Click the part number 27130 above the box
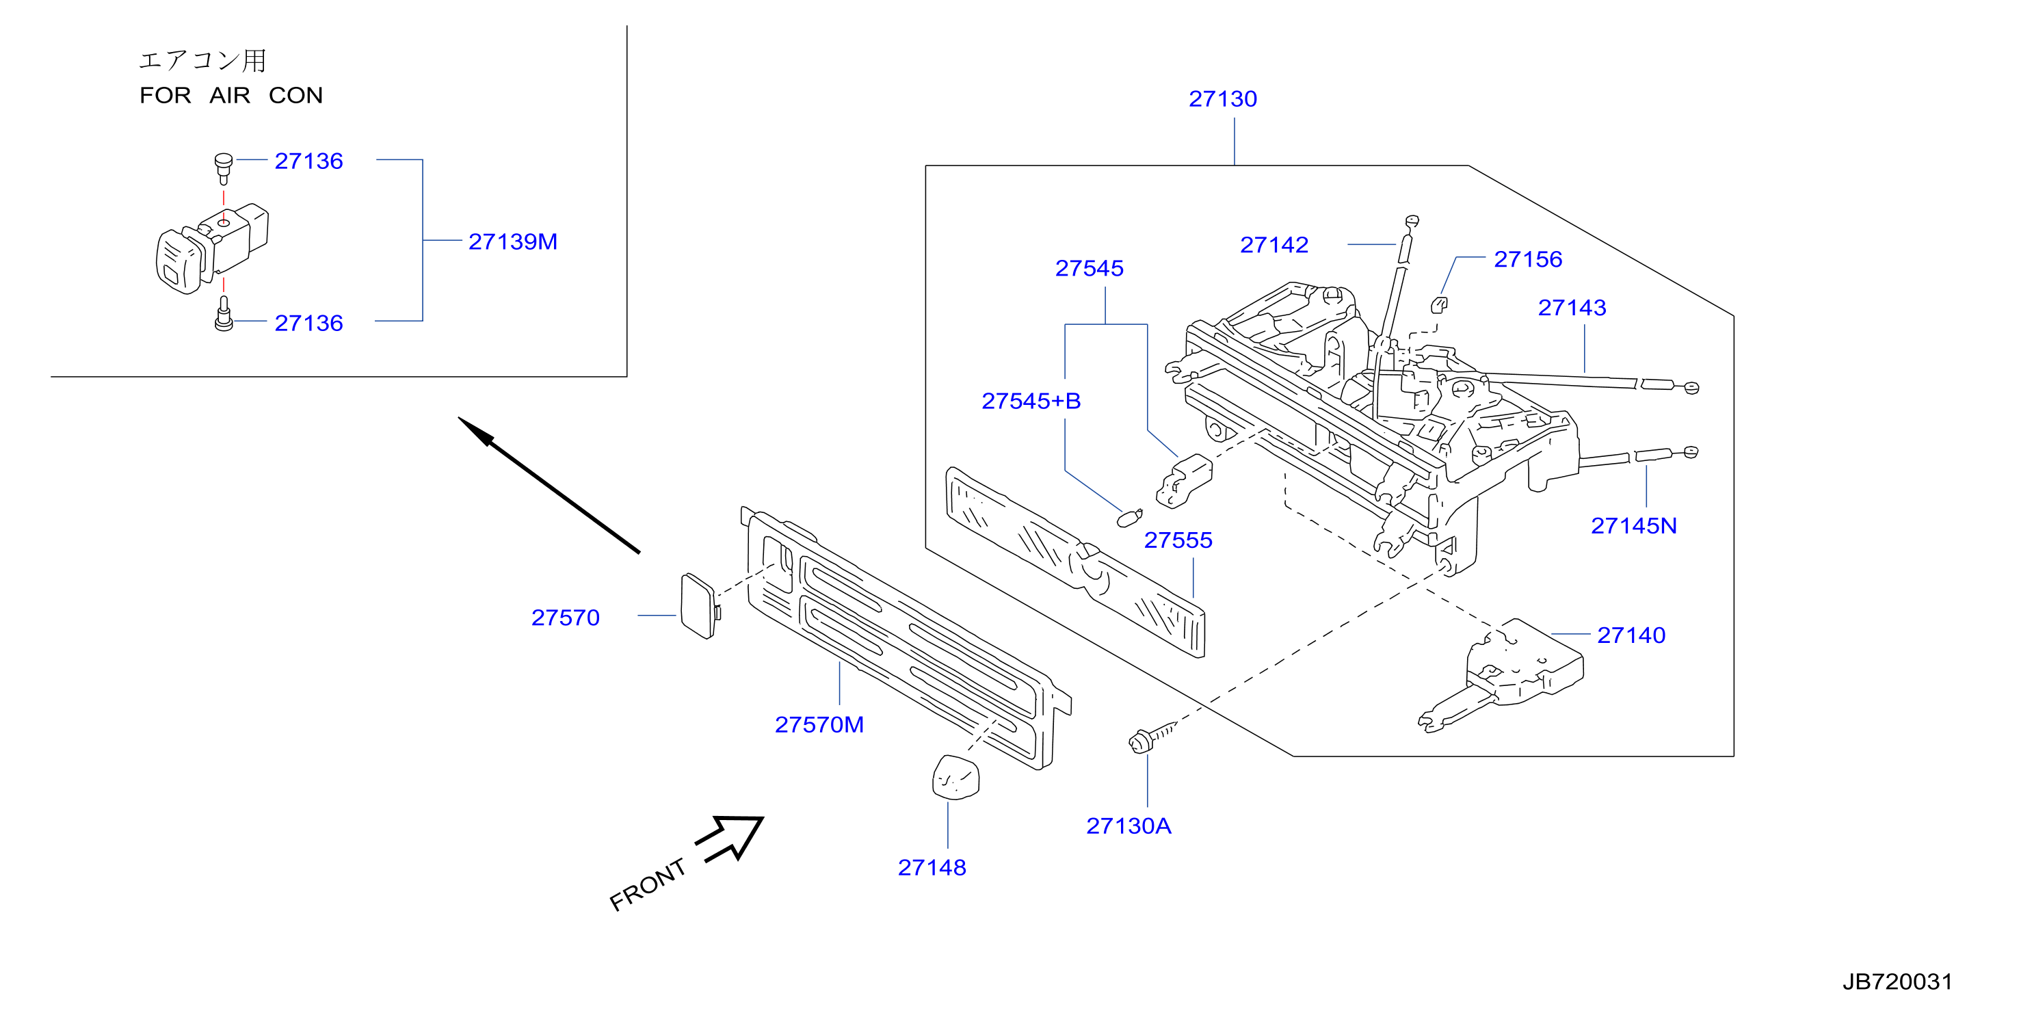(1222, 98)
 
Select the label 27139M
(513, 241)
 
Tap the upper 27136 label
(308, 161)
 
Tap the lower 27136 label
(308, 324)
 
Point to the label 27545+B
(1031, 401)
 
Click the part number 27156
(1527, 259)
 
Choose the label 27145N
(1634, 525)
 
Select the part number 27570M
(819, 724)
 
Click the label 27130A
(1128, 826)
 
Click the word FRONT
(648, 884)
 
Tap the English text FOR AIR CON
(231, 96)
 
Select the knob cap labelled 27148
(955, 778)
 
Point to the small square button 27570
(700, 606)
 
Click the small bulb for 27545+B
(1130, 518)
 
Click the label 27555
(1178, 540)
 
